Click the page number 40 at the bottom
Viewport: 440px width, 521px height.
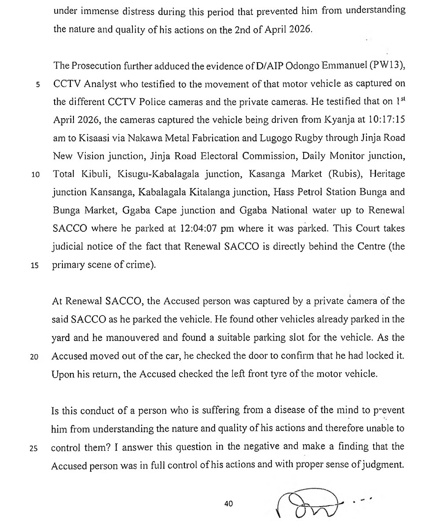pyautogui.click(x=228, y=504)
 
